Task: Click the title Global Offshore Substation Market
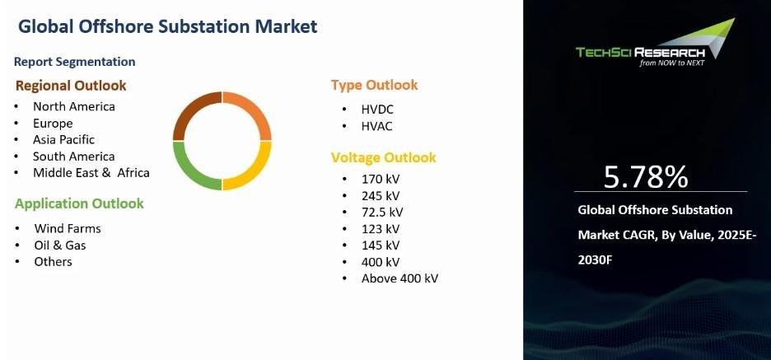coord(168,26)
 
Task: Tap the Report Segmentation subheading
coord(74,62)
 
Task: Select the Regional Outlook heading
coord(71,86)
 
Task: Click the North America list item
coord(74,107)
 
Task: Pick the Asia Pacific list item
coord(63,140)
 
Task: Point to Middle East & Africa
coord(91,173)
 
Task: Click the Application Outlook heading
coord(79,203)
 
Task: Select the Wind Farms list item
coord(68,229)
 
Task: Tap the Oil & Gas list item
coord(60,245)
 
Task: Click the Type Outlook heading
coord(374,85)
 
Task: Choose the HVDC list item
coord(377,110)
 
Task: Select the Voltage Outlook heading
coord(383,158)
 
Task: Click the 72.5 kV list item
coord(382,213)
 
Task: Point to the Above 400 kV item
coord(400,278)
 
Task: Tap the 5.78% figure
coord(645,177)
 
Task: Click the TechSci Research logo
coord(656,44)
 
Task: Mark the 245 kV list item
coord(380,196)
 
